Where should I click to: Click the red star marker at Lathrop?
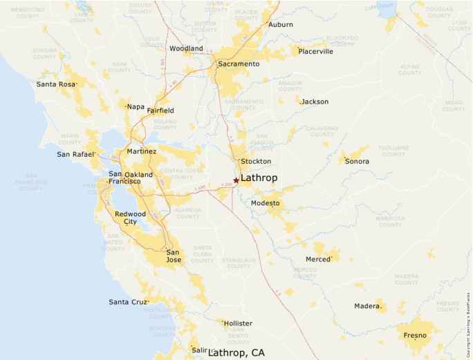[236, 180]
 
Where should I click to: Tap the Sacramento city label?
[239, 64]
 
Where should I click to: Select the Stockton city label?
[256, 161]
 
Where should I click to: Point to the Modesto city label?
[266, 203]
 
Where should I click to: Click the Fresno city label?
[416, 335]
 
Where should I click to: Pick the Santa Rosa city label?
[56, 84]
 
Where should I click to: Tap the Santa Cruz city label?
[128, 302]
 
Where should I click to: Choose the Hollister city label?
[237, 323]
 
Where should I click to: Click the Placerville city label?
[315, 51]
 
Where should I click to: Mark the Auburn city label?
[281, 25]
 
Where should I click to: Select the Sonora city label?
[358, 162]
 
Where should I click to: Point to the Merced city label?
[318, 259]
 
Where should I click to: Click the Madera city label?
[367, 306]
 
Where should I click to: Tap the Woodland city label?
[186, 49]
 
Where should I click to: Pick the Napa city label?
[136, 106]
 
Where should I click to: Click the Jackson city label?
[315, 102]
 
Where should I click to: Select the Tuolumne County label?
[393, 151]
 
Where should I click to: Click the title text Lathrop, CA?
[236, 352]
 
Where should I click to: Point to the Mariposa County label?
[390, 222]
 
